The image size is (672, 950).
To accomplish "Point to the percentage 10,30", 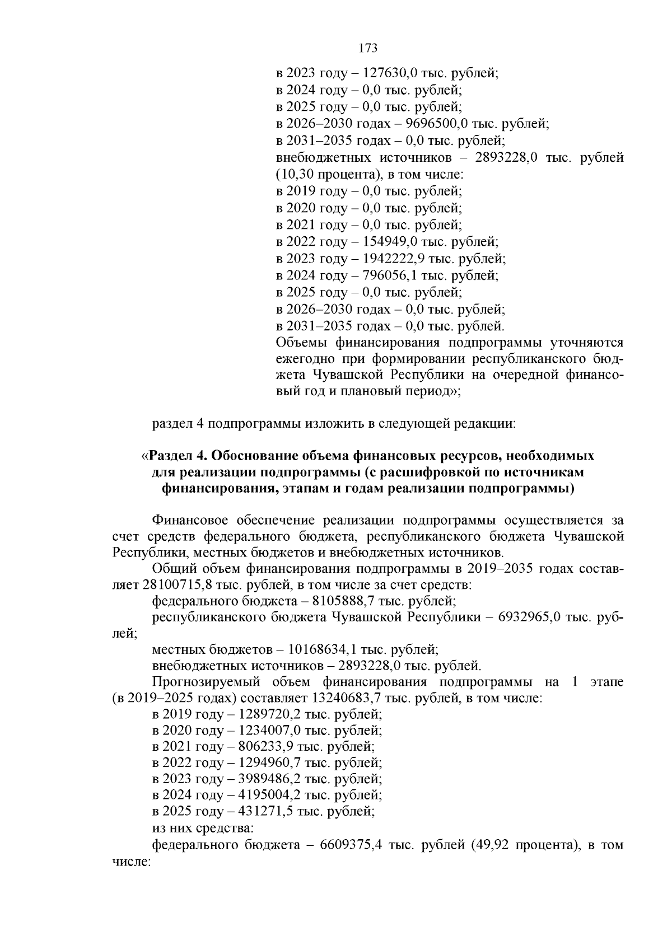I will pos(298,175).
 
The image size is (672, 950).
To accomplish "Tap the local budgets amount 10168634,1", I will pos(322,650).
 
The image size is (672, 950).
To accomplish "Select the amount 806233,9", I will pos(267,747).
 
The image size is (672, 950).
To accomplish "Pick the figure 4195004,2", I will pos(271,795).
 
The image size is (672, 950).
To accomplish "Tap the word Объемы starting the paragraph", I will pos(302,343).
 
